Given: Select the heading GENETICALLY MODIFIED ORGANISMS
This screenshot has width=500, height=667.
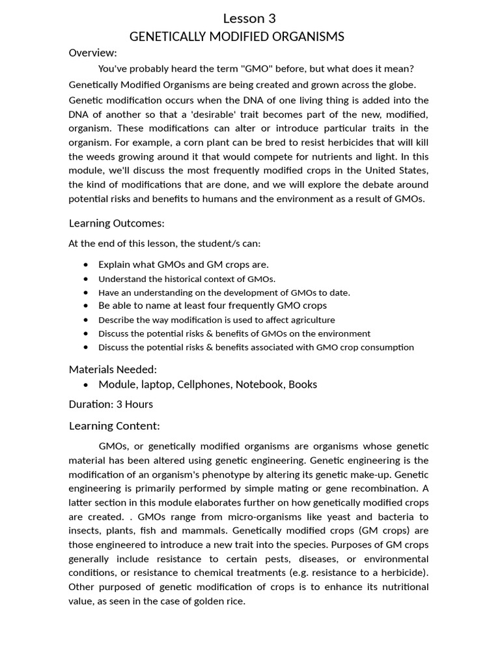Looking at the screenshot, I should [237, 36].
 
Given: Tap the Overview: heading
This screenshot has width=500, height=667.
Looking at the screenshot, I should [92, 53].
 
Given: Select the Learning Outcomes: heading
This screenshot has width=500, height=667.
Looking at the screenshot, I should [117, 223].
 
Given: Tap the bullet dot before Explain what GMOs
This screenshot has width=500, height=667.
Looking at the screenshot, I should [86, 264].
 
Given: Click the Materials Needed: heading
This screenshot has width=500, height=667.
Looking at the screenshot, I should [113, 369].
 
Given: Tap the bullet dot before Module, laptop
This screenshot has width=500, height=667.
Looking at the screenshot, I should [86, 385].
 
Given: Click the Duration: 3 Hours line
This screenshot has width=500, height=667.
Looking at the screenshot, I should [111, 404].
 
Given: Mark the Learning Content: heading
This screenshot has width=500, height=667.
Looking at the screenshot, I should [114, 426].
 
